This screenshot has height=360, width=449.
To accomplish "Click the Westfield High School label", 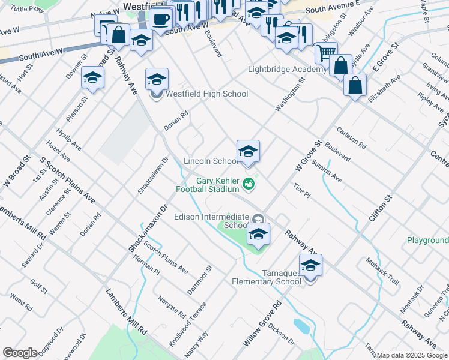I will click(x=206, y=94).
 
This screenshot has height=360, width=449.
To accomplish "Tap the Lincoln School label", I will click(x=210, y=161).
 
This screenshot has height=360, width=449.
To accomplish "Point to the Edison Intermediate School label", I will click(x=210, y=221).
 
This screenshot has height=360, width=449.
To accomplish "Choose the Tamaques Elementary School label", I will click(x=267, y=277).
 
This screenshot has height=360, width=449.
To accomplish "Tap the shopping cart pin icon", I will click(x=325, y=52).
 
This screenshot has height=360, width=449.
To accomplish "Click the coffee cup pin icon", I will click(x=160, y=19).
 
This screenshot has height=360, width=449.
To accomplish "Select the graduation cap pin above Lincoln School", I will click(x=248, y=151).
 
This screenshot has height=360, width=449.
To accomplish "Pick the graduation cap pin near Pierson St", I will click(x=93, y=77).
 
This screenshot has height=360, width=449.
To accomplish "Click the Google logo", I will click(x=19, y=352).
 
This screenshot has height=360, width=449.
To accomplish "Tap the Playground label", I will click(x=427, y=240).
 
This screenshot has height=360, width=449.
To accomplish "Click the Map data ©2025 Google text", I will click(x=412, y=355).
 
